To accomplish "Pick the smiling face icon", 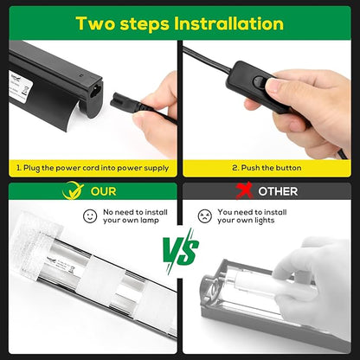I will point(89,215).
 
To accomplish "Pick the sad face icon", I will point(204,215).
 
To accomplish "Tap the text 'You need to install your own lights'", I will point(252,215).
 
